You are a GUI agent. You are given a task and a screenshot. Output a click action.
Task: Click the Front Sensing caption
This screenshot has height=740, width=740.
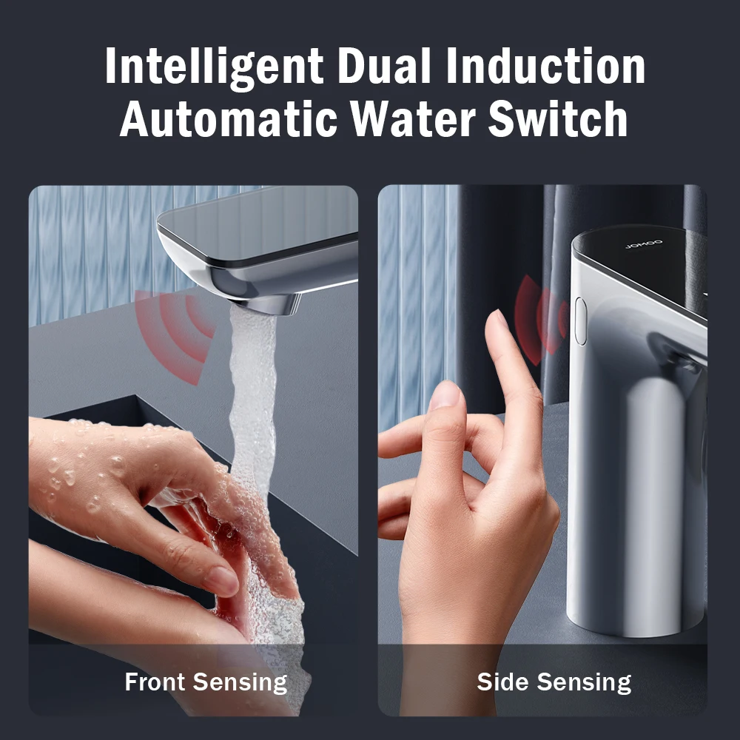pyautogui.click(x=206, y=682)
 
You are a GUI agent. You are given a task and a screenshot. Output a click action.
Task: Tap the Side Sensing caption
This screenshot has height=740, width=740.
pyautogui.click(x=554, y=682)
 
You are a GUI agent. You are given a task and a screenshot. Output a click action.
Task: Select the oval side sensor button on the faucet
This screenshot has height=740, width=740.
pyautogui.click(x=580, y=320)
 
